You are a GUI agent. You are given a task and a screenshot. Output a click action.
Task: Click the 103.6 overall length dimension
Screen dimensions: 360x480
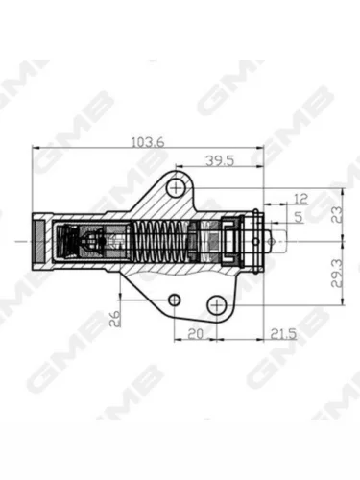[x=148, y=142]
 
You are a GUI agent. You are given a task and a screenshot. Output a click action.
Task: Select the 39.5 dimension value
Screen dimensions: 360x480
[x=220, y=160]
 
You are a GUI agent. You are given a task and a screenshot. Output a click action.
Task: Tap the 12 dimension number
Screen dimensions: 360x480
[x=300, y=199]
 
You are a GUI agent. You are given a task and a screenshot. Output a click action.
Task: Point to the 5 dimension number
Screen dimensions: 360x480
[x=298, y=217]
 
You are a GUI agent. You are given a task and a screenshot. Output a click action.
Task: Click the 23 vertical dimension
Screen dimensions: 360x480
[x=337, y=215]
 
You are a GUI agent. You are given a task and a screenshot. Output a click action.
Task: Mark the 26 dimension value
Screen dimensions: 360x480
[x=114, y=319]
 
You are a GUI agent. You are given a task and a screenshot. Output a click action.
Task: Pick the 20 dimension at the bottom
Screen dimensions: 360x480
[x=195, y=334]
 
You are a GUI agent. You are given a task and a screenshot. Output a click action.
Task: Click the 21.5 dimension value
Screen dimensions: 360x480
[x=283, y=334]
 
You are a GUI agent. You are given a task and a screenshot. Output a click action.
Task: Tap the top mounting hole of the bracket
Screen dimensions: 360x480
[x=176, y=187]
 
